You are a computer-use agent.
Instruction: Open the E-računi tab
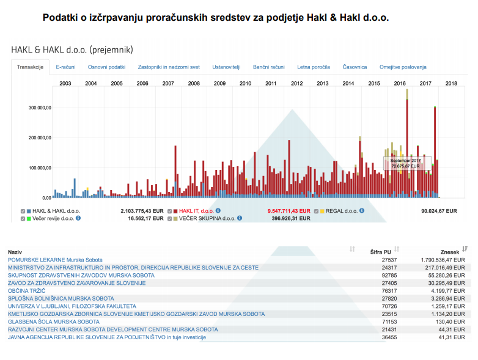coord(65,67)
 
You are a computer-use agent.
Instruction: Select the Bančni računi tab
coord(269,67)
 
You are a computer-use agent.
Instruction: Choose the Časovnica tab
coord(355,67)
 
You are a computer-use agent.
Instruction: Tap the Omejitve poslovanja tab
coord(403,67)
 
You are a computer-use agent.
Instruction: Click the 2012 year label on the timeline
coord(297,83)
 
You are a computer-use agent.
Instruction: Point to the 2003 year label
coord(65,83)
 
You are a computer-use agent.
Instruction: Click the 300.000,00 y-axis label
coord(40,108)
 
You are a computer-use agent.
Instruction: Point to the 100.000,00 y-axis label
coord(40,168)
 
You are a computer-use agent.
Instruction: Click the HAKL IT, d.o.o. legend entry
coord(196,210)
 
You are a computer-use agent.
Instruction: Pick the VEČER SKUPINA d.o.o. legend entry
coord(205,218)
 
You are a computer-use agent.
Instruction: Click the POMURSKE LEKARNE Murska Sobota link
coord(55,260)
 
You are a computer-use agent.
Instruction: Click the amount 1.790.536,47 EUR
coord(443,260)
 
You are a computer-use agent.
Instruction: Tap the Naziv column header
coord(15,251)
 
